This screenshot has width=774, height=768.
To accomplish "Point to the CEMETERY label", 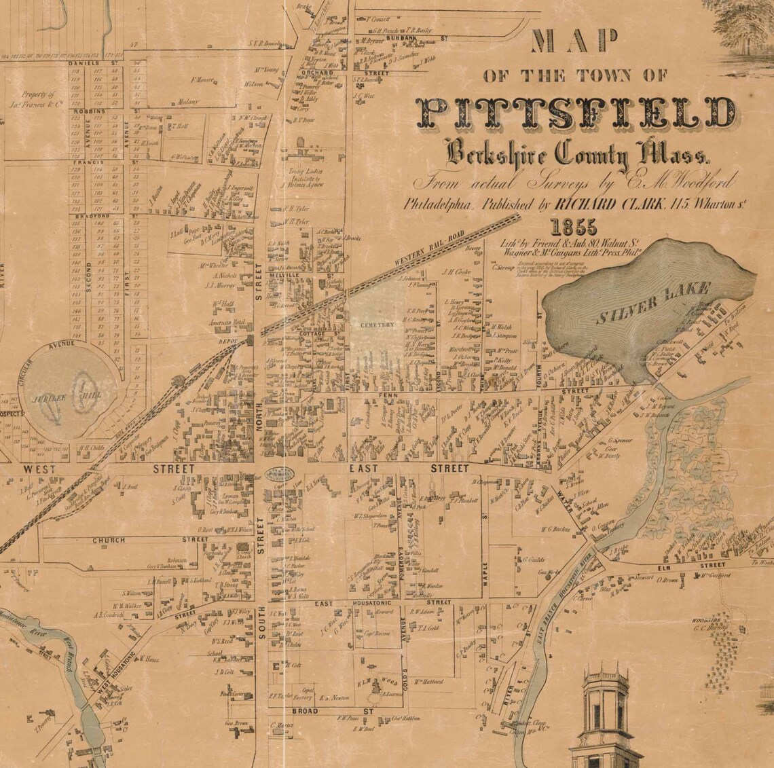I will (377, 325).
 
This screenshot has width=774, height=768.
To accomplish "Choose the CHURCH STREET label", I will (149, 540).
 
